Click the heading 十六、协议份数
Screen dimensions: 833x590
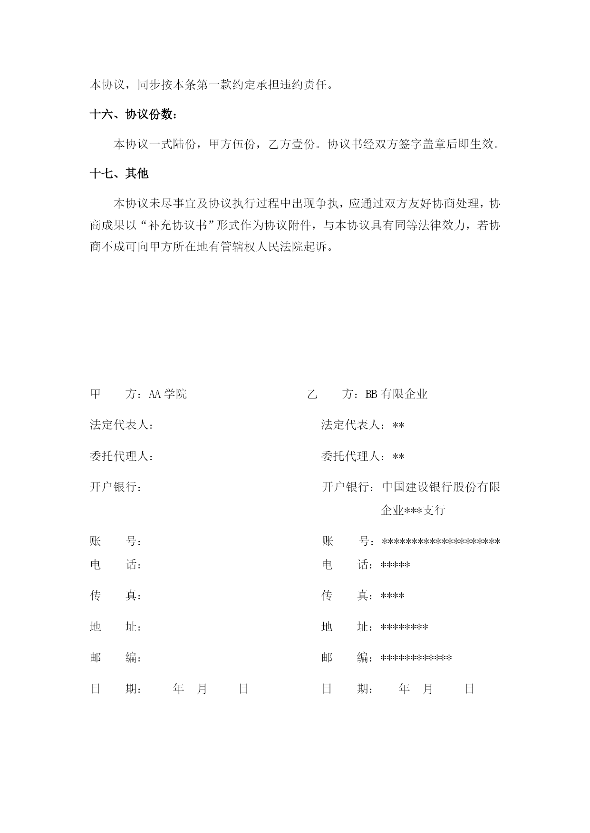(x=135, y=114)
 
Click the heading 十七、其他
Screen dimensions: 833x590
(x=119, y=174)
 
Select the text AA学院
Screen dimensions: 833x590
(x=168, y=394)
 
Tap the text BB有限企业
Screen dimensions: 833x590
(x=397, y=394)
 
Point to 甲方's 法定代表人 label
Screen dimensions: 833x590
(x=122, y=425)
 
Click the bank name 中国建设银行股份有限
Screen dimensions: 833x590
(x=441, y=487)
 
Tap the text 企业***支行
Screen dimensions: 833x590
(x=413, y=511)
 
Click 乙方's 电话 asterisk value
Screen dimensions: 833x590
(x=396, y=565)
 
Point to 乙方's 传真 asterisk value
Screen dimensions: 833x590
(x=393, y=596)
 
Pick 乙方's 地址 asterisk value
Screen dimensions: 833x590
(x=405, y=627)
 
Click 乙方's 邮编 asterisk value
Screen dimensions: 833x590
(x=416, y=658)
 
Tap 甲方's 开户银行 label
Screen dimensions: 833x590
(x=116, y=487)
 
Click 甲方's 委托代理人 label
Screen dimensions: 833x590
(x=122, y=456)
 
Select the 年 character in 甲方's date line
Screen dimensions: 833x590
(x=179, y=689)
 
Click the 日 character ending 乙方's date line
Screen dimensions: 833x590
(x=470, y=689)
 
